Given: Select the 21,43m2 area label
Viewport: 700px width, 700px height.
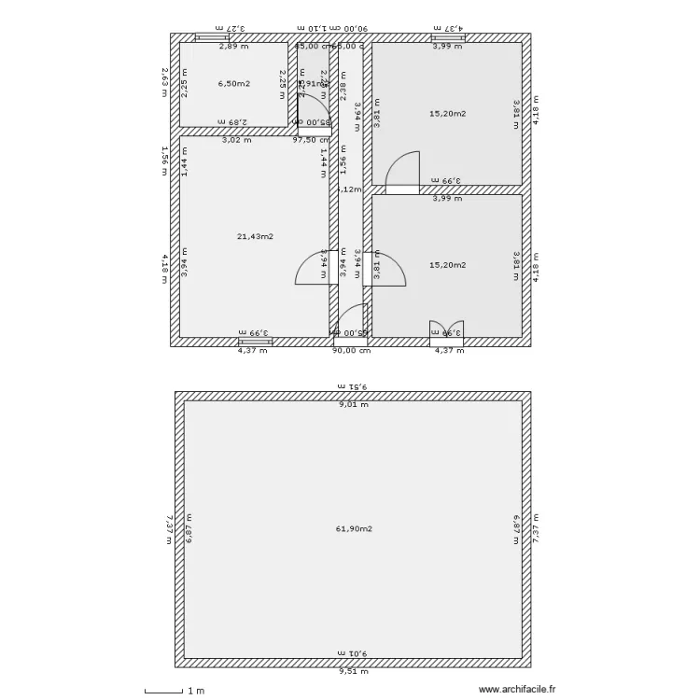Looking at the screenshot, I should click(255, 236).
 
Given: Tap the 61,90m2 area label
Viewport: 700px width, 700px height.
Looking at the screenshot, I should click(354, 528).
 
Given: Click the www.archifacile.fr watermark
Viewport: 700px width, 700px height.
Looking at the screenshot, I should click(516, 690).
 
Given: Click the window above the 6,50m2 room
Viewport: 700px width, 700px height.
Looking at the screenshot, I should click(211, 37).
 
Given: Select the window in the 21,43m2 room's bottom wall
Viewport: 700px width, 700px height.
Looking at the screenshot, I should click(255, 342).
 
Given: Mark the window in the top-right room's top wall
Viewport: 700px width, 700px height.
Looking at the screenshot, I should click(448, 37).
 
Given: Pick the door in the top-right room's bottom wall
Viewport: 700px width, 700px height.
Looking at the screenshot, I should click(402, 176).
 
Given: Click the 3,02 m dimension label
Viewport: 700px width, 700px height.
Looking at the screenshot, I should click(236, 140).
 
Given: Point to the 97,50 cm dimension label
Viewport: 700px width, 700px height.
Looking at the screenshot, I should click(311, 140).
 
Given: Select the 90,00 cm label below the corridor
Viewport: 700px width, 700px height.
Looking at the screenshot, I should click(352, 351).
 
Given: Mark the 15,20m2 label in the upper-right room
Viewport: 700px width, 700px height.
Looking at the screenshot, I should click(447, 113).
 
